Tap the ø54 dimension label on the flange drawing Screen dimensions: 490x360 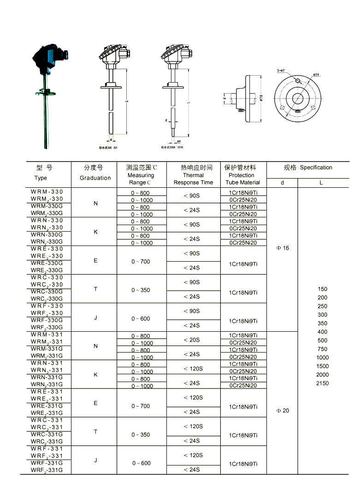317,74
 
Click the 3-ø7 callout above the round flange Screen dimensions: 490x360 281,70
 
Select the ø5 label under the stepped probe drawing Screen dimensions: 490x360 178,141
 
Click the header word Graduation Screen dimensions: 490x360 95,178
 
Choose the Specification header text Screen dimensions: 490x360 316,167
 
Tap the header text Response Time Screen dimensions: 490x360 193,182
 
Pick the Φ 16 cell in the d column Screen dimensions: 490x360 283,248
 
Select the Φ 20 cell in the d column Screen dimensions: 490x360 283,411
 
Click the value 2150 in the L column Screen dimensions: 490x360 323,383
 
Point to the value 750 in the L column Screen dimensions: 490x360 323,349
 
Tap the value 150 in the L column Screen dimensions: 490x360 323,289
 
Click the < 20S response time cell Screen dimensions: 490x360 192,340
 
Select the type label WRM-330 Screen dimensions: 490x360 47,191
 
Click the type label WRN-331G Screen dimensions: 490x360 47,377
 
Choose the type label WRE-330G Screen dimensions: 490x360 47,263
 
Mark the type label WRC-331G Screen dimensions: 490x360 47,435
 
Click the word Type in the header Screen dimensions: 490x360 41,178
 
